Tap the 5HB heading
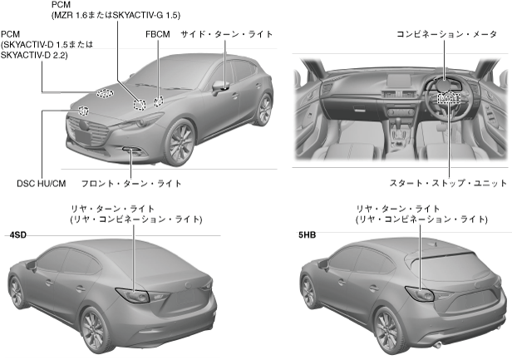[308, 236]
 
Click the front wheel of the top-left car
[180, 142]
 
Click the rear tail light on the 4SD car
[133, 295]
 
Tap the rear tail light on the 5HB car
[419, 293]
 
